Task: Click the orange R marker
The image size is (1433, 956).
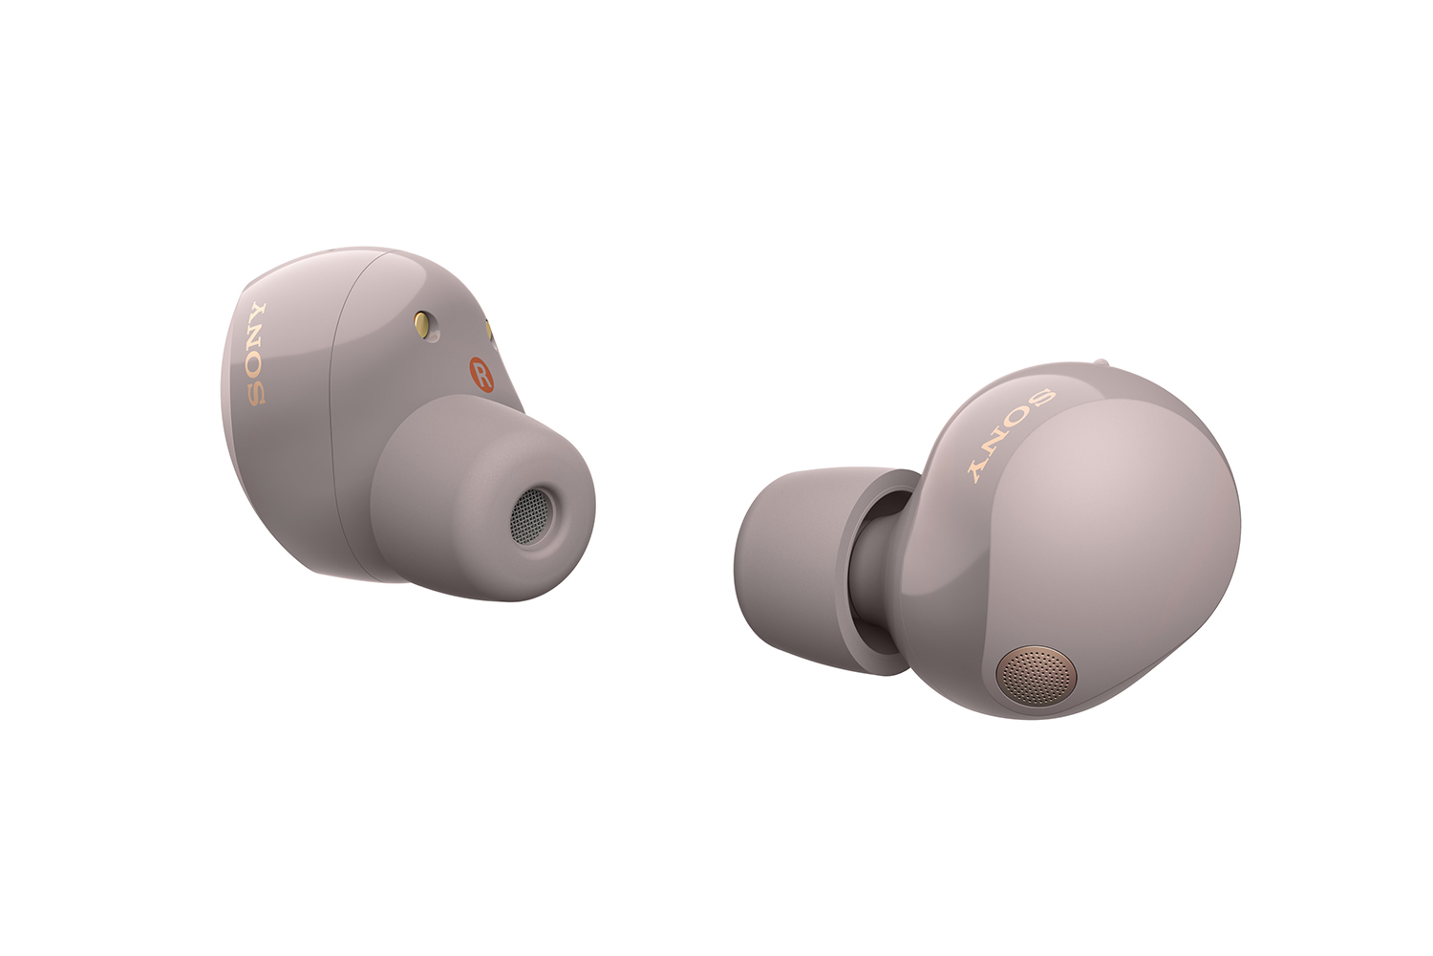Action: coord(481,374)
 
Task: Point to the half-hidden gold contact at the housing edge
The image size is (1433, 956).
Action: coord(489,330)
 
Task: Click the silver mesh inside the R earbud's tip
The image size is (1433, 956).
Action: coord(529,516)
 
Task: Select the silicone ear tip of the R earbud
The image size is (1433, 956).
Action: coord(483,499)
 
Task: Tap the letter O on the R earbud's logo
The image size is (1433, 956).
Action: coord(256,366)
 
